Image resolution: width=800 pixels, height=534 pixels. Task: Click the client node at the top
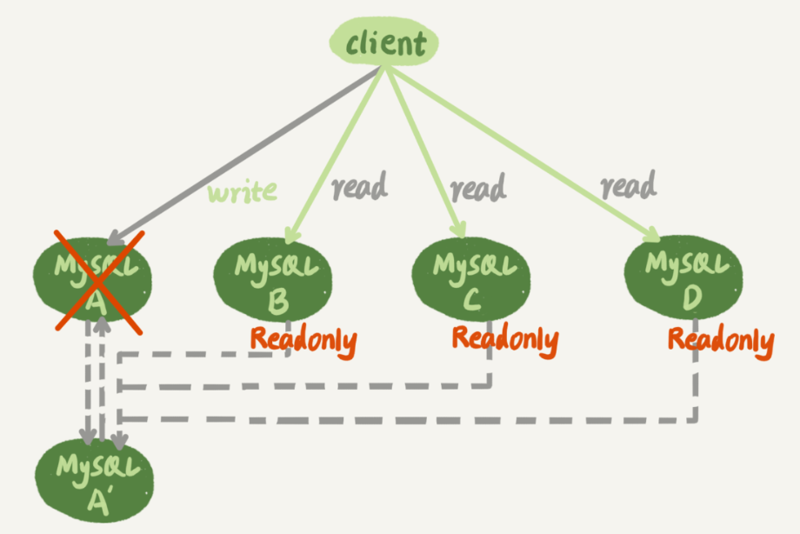(x=384, y=43)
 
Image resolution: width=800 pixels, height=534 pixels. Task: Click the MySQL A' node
(x=94, y=476)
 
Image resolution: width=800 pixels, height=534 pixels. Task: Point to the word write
(x=242, y=190)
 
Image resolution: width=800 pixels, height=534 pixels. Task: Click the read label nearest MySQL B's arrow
(x=359, y=186)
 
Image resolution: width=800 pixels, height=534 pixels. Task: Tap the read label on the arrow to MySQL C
(x=477, y=186)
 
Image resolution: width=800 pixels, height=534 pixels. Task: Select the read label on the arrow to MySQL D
(x=628, y=184)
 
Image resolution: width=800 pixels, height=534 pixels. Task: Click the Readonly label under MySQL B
(x=303, y=339)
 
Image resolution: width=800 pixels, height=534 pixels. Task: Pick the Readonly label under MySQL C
(x=504, y=337)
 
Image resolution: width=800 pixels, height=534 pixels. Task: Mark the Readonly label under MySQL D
(x=720, y=340)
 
